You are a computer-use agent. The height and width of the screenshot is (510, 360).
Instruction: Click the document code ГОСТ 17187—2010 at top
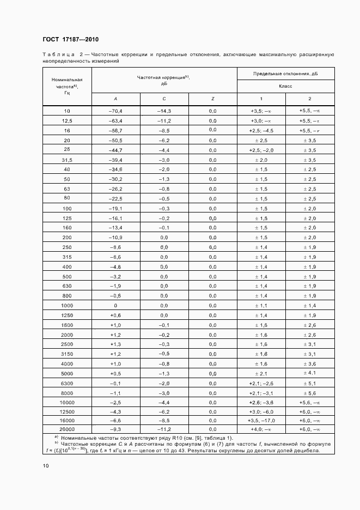70,39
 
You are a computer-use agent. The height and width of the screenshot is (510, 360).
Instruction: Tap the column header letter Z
212,99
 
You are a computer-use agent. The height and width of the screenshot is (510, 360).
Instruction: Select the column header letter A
115,99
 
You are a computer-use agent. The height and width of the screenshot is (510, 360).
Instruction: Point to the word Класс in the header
285,86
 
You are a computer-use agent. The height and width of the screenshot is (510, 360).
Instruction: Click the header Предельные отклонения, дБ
285,73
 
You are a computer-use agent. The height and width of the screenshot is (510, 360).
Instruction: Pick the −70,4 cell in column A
115,111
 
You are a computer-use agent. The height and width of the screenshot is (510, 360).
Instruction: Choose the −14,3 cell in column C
164,111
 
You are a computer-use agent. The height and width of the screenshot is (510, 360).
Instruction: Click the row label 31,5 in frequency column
67,160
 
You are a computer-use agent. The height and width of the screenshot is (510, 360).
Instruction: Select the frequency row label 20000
67,430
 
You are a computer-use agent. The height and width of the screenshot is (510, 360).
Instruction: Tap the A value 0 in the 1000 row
115,305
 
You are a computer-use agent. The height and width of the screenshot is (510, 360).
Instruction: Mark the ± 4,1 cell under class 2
309,373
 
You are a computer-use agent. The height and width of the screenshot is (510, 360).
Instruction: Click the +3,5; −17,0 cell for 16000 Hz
261,421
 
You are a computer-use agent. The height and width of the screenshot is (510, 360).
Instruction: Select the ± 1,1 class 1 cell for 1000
261,305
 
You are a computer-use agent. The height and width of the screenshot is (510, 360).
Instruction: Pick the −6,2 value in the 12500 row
164,411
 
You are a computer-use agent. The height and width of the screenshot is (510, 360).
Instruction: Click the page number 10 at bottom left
46,466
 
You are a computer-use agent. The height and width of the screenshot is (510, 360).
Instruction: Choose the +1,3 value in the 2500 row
115,344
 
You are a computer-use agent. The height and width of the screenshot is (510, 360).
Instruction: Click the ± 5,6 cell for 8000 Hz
309,392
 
